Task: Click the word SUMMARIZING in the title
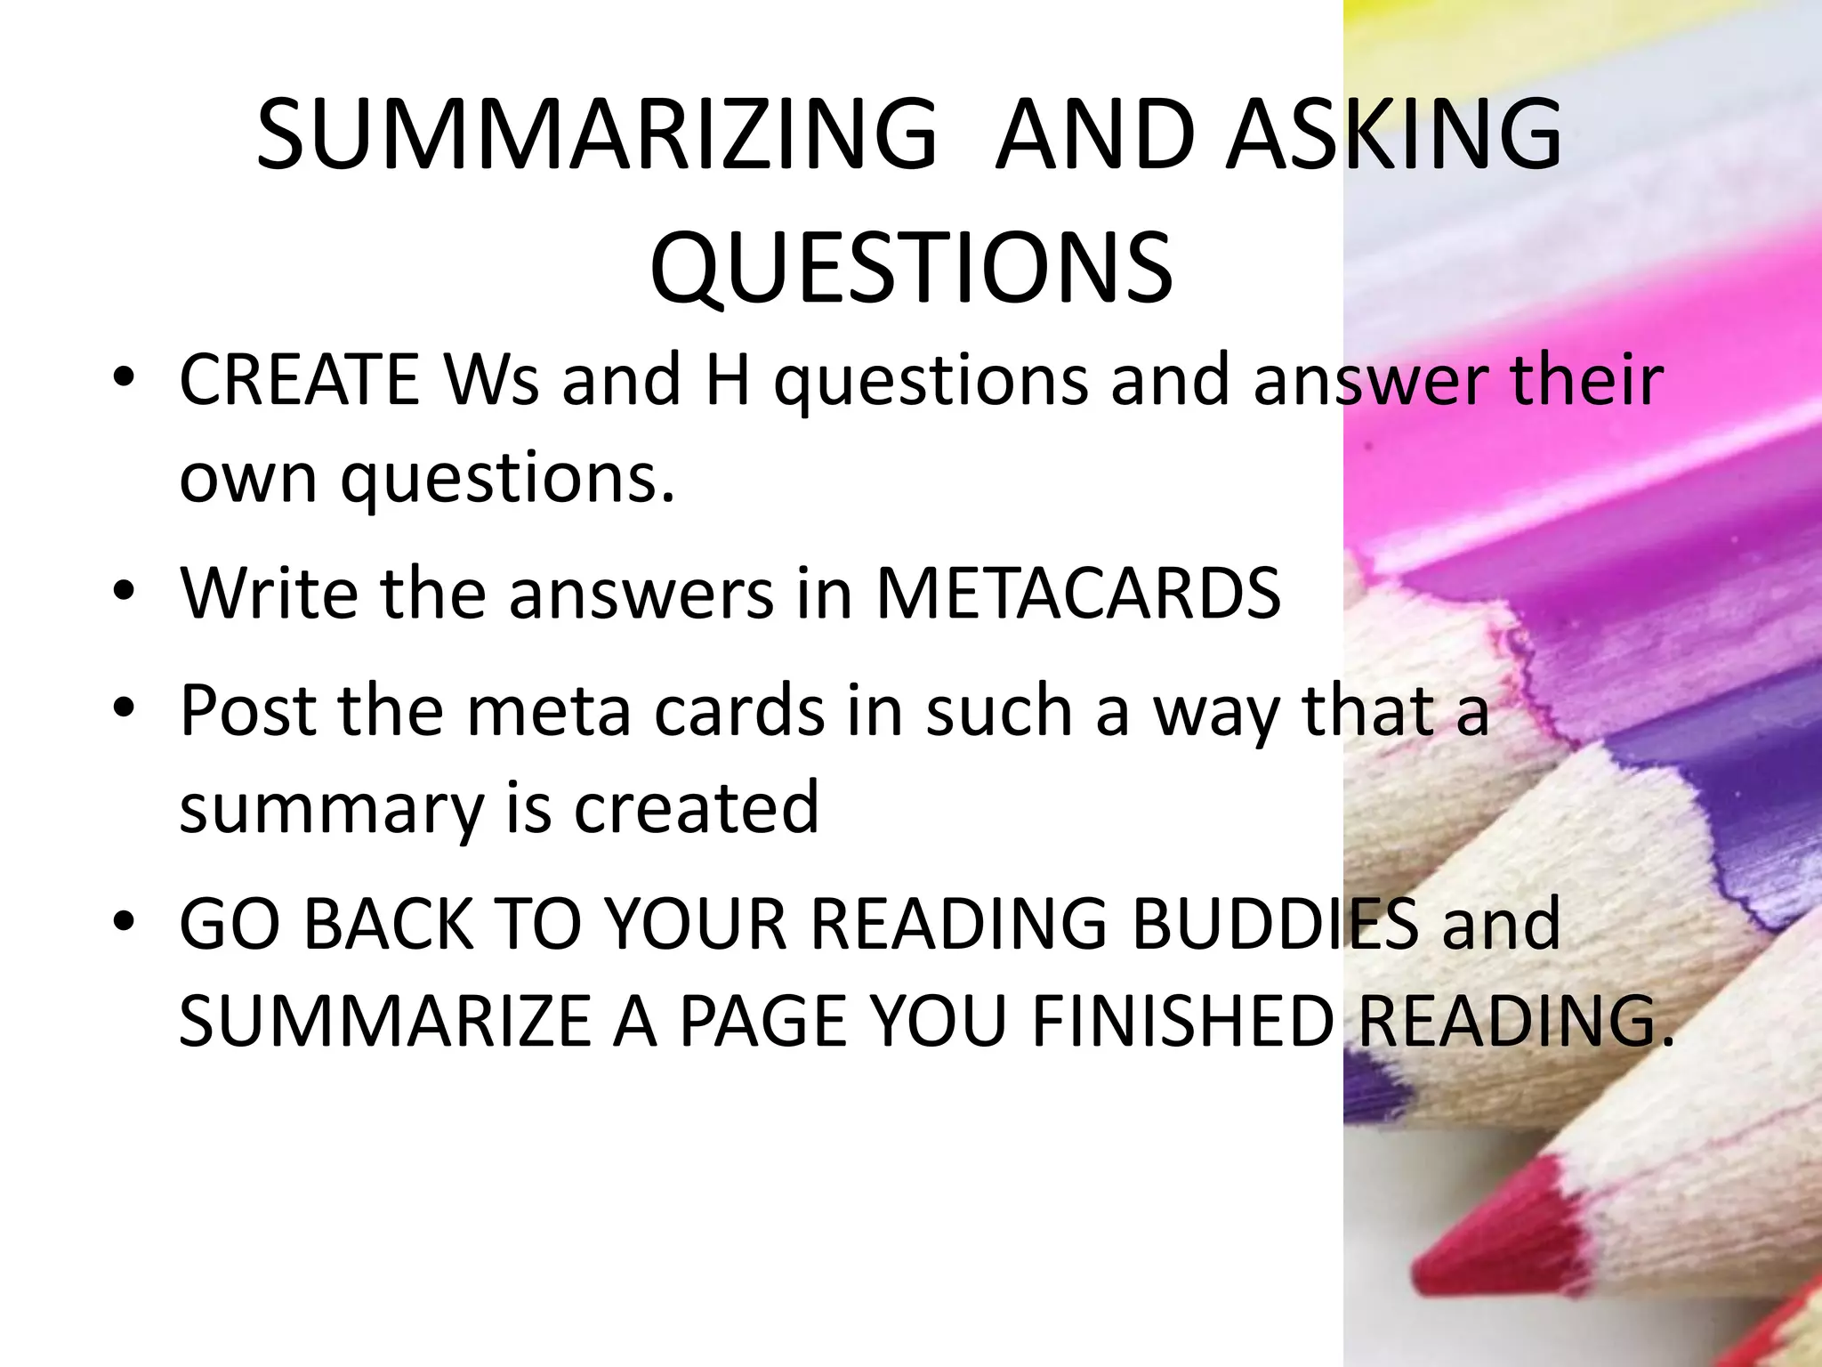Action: (597, 135)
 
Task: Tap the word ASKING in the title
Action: (1393, 135)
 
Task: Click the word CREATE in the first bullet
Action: (300, 381)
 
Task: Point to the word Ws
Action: (492, 381)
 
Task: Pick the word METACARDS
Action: (1078, 593)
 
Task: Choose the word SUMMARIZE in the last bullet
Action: (385, 1022)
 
